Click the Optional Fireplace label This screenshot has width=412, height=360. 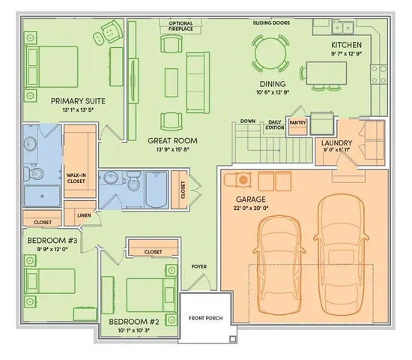pos(181,26)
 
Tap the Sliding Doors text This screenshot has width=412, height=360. pos(271,23)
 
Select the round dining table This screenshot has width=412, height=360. pos(270,53)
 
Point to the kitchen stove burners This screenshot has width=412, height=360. pos(379,74)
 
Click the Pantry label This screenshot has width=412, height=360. pos(297,123)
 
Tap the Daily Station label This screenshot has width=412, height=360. pos(275,124)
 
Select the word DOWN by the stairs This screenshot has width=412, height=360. pos(248,121)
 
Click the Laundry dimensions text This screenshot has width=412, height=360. pos(336,150)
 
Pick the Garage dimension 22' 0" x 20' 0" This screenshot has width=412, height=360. pos(251,208)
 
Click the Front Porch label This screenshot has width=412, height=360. pos(206,318)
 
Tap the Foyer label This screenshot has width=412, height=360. pos(199,266)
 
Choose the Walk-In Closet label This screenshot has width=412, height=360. pos(76,178)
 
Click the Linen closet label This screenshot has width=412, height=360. pos(84,215)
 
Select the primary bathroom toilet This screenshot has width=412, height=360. pos(34,173)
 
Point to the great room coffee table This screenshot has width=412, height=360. pos(172,82)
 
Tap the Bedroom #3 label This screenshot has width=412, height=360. pos(52,240)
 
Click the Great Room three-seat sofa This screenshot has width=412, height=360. pos(198,82)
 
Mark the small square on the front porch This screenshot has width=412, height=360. pos(232,339)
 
